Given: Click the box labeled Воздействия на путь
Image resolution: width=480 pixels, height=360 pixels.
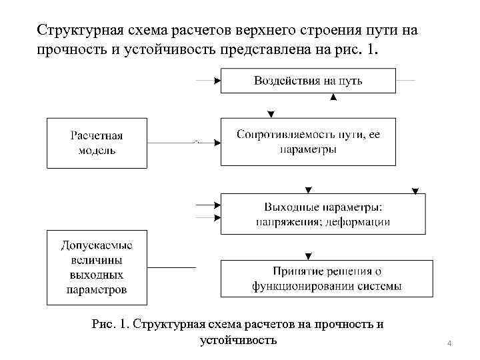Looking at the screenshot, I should (x=308, y=81).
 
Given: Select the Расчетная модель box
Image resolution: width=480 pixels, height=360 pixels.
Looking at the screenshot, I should (x=97, y=143).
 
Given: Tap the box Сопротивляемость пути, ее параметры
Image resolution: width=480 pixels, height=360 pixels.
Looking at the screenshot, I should (x=308, y=141).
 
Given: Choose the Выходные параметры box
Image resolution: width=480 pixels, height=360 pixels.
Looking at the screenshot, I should (x=323, y=213).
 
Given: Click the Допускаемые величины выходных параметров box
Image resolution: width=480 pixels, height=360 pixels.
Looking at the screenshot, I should (x=97, y=267).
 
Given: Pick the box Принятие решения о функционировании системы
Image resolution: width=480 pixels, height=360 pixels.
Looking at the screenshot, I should (x=327, y=279).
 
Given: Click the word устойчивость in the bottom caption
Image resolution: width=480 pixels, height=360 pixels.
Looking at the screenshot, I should (x=238, y=340).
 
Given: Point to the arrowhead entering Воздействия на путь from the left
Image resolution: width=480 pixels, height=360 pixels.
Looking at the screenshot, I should (x=217, y=81).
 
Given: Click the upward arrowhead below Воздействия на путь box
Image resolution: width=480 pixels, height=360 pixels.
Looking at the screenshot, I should (x=333, y=97).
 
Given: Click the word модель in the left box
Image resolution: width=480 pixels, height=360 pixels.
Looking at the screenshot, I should (x=97, y=150).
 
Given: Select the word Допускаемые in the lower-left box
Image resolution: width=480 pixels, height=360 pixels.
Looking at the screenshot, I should (x=97, y=244).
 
